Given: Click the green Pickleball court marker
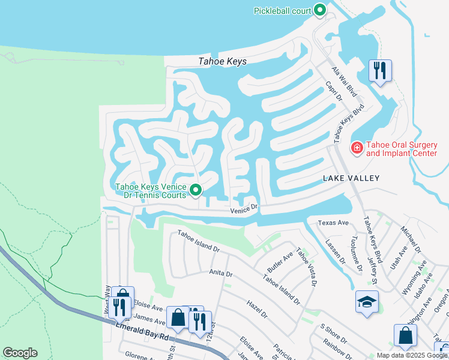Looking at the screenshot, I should tap(320, 10).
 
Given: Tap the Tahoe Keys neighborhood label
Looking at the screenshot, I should tap(223, 61).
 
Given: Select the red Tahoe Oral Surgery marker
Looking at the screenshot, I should tap(357, 148).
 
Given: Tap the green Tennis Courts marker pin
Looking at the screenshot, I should tap(195, 191).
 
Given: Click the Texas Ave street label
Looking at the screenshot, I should tap(333, 223).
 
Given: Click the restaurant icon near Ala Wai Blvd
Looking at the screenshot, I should tap(380, 70).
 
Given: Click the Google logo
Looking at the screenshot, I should tap(20, 353).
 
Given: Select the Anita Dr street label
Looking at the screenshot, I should tap(220, 273).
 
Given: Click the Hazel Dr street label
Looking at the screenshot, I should tap(256, 309).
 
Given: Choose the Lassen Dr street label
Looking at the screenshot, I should tap(334, 252).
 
